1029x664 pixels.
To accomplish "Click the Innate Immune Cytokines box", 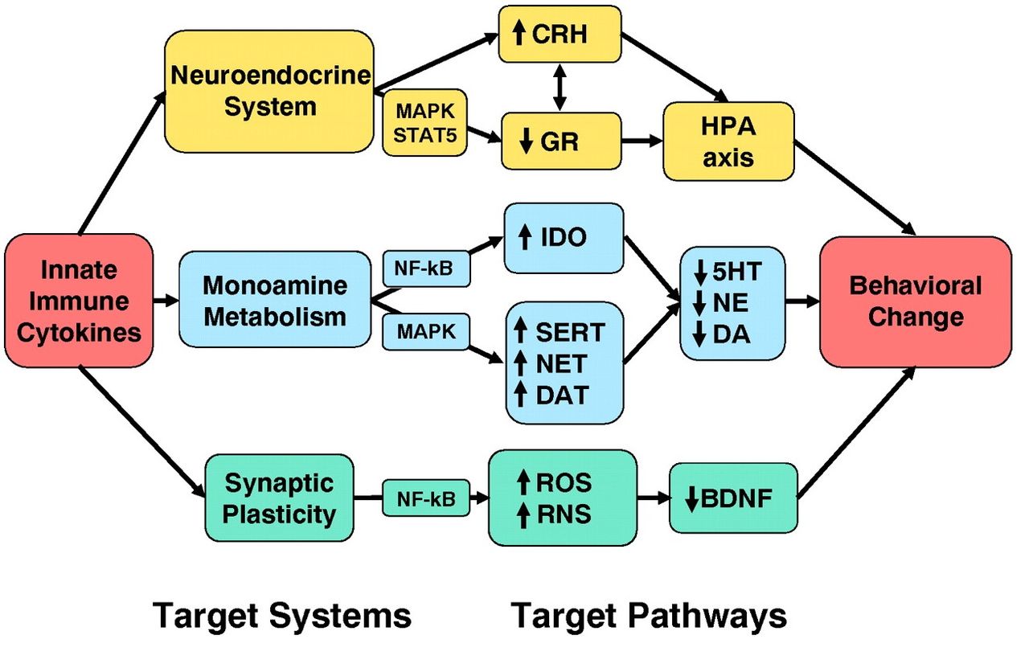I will point(79,301).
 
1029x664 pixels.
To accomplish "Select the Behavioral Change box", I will point(915,301).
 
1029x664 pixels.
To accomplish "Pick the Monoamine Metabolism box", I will point(275,300).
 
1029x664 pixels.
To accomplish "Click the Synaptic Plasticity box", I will point(279,498).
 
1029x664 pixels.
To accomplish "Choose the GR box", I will point(560,140).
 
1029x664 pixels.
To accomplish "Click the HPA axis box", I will point(728,141).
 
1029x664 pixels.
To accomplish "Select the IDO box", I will point(563,238).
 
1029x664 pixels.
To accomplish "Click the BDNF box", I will point(734,498).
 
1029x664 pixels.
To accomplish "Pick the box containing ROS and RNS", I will point(562,498).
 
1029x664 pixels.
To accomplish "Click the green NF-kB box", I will point(426,499).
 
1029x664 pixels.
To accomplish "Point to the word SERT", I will point(569,331).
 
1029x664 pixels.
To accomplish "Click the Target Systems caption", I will point(282,617).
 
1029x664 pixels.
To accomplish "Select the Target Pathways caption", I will point(649,617).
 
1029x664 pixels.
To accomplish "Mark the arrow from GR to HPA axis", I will point(642,141).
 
